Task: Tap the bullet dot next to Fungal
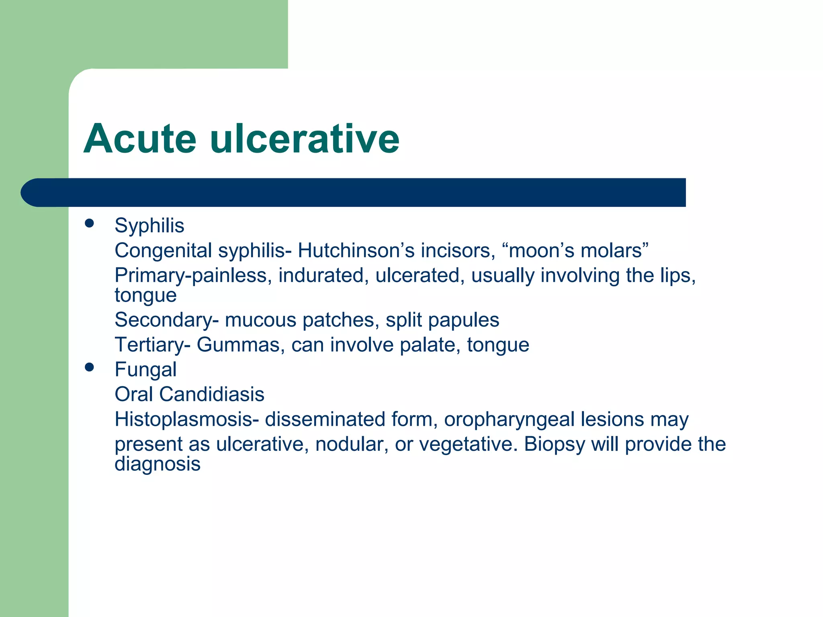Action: click(x=89, y=367)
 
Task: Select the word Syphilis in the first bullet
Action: click(x=149, y=225)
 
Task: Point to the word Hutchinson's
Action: click(x=356, y=251)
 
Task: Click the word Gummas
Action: click(x=240, y=345)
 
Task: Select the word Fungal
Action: click(x=145, y=370)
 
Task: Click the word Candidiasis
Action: click(x=211, y=394)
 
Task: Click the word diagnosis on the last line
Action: click(x=157, y=464)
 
